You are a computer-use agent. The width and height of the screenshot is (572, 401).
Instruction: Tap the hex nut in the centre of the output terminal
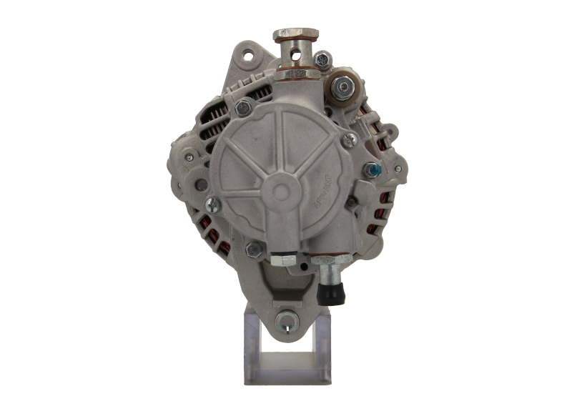pyautogui.click(x=344, y=87)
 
